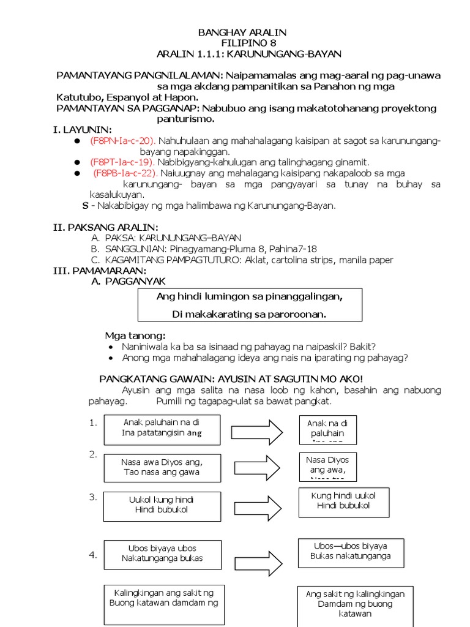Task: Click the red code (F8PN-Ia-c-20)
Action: pyautogui.click(x=122, y=141)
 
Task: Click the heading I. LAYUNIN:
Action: pyautogui.click(x=83, y=130)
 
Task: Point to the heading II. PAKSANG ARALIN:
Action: pyautogui.click(x=106, y=227)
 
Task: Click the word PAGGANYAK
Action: pyautogui.click(x=135, y=281)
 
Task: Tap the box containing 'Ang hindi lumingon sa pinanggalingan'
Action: pyautogui.click(x=250, y=305)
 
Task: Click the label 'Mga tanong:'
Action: pyautogui.click(x=135, y=336)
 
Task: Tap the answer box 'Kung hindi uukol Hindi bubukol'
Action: pyautogui.click(x=343, y=501)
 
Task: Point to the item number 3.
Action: pyautogui.click(x=93, y=497)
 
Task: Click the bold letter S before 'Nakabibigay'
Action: pyautogui.click(x=86, y=206)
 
